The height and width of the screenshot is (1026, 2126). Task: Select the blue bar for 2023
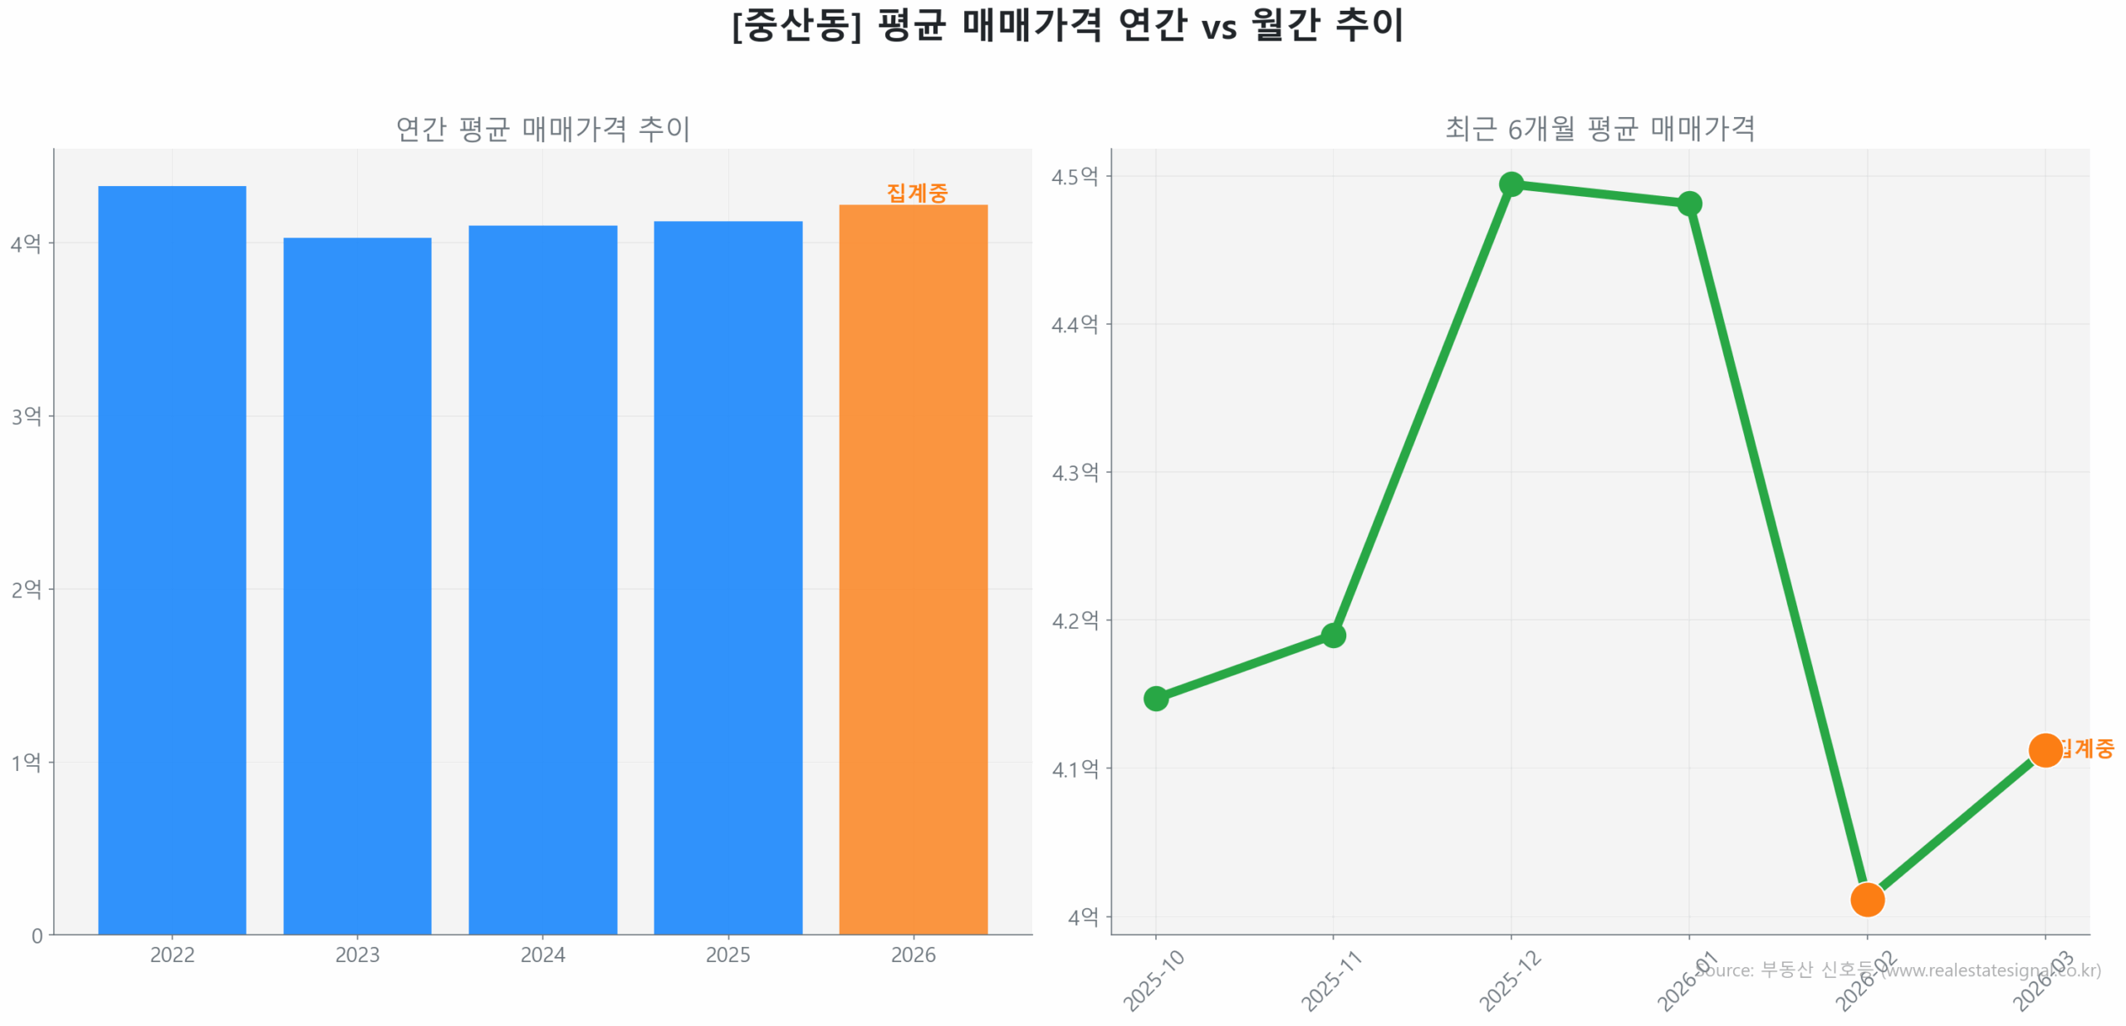click(357, 585)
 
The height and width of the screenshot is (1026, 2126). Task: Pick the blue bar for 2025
click(727, 577)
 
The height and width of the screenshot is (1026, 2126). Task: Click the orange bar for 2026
click(913, 568)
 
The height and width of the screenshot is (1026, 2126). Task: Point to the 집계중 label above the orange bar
click(917, 193)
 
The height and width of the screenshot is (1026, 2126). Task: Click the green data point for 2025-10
click(1155, 698)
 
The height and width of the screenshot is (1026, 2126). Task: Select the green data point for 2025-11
click(1333, 635)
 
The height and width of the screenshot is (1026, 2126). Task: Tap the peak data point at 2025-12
click(1511, 184)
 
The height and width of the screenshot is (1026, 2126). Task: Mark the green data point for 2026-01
click(1689, 204)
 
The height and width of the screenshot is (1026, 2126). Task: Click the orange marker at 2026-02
click(1867, 899)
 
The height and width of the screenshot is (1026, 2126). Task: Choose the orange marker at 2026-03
click(2045, 749)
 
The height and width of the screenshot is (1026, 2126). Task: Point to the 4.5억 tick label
click(1075, 176)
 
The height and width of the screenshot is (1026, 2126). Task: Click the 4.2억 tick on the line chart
click(1075, 620)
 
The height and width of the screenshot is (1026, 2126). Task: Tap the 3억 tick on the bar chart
click(26, 415)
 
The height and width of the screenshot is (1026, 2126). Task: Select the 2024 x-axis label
click(542, 955)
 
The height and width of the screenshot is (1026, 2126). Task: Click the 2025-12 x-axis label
click(1509, 981)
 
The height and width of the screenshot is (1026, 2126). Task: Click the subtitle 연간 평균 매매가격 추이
click(542, 129)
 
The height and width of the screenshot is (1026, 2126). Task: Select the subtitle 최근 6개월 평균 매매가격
click(1599, 129)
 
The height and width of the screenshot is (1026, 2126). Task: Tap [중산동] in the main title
click(796, 25)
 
